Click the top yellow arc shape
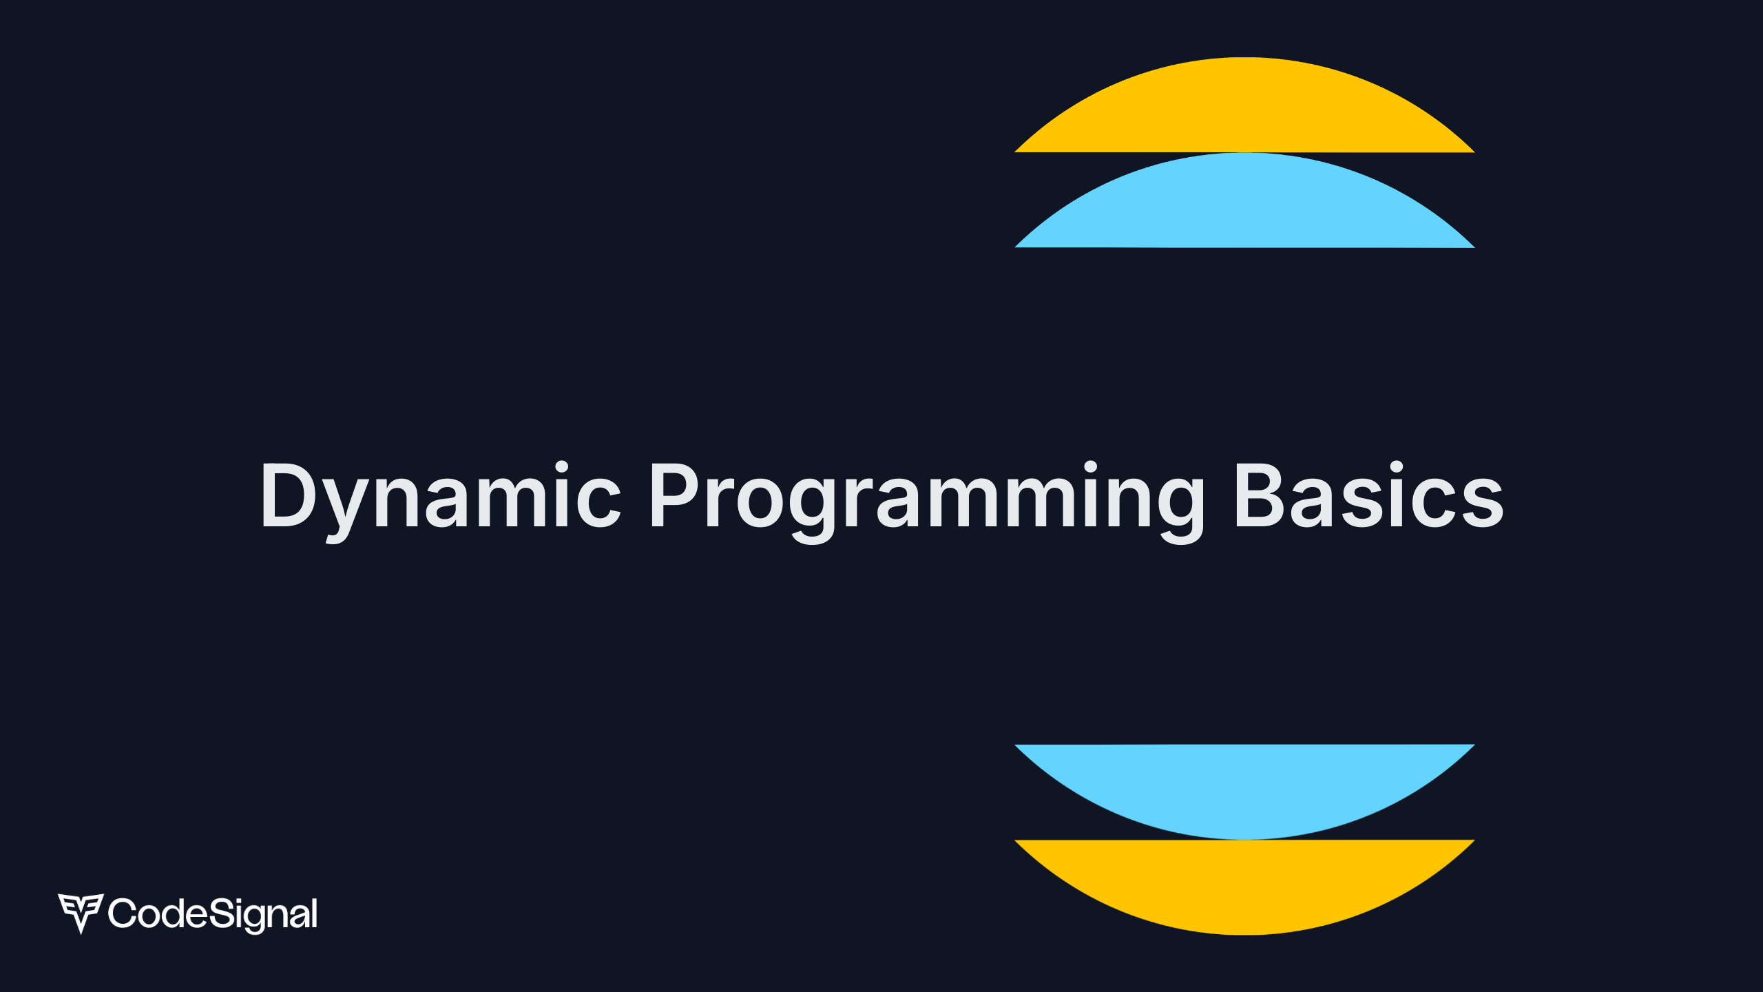[1244, 110]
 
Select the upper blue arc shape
[1244, 205]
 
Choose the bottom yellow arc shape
[1244, 882]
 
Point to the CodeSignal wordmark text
[212, 914]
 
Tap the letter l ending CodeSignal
[314, 913]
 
